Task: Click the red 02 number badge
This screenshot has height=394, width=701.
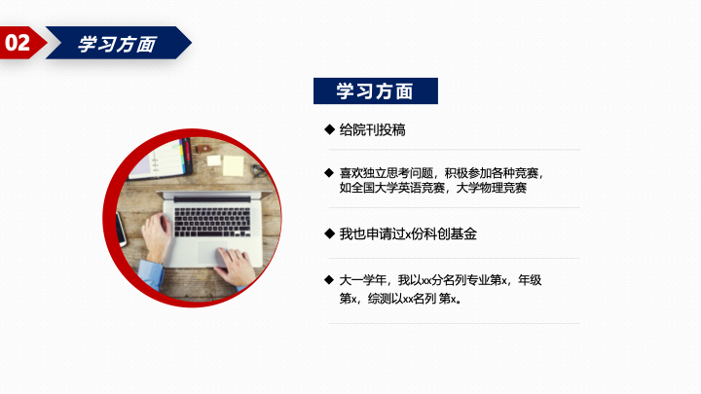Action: pyautogui.click(x=20, y=43)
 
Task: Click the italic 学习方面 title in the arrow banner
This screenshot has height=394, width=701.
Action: pyautogui.click(x=117, y=44)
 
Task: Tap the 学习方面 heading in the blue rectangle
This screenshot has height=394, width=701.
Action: pyautogui.click(x=375, y=91)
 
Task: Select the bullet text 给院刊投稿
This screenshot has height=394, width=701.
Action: pyautogui.click(x=372, y=130)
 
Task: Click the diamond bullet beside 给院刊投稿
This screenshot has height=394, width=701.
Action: pyautogui.click(x=329, y=129)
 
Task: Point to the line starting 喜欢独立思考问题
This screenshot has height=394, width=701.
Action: pyautogui.click(x=441, y=172)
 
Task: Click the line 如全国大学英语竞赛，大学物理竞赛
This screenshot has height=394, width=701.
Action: pyautogui.click(x=432, y=188)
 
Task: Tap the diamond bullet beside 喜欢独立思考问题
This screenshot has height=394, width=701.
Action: pyautogui.click(x=329, y=172)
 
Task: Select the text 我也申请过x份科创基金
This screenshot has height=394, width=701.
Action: pyautogui.click(x=408, y=233)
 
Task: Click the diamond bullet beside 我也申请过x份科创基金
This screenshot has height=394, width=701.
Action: pyautogui.click(x=329, y=233)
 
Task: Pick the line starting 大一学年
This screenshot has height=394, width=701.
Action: pyautogui.click(x=440, y=280)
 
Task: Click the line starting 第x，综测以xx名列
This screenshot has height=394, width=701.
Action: pyautogui.click(x=400, y=298)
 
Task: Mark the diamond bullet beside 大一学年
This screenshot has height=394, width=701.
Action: pyautogui.click(x=329, y=279)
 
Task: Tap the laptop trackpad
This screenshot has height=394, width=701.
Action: pyautogui.click(x=211, y=253)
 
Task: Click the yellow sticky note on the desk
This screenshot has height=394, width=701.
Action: pyautogui.click(x=234, y=165)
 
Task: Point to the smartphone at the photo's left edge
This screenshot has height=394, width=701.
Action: pyautogui.click(x=122, y=230)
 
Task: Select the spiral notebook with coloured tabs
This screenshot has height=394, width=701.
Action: pyautogui.click(x=161, y=160)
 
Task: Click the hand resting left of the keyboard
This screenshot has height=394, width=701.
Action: pyautogui.click(x=157, y=236)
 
